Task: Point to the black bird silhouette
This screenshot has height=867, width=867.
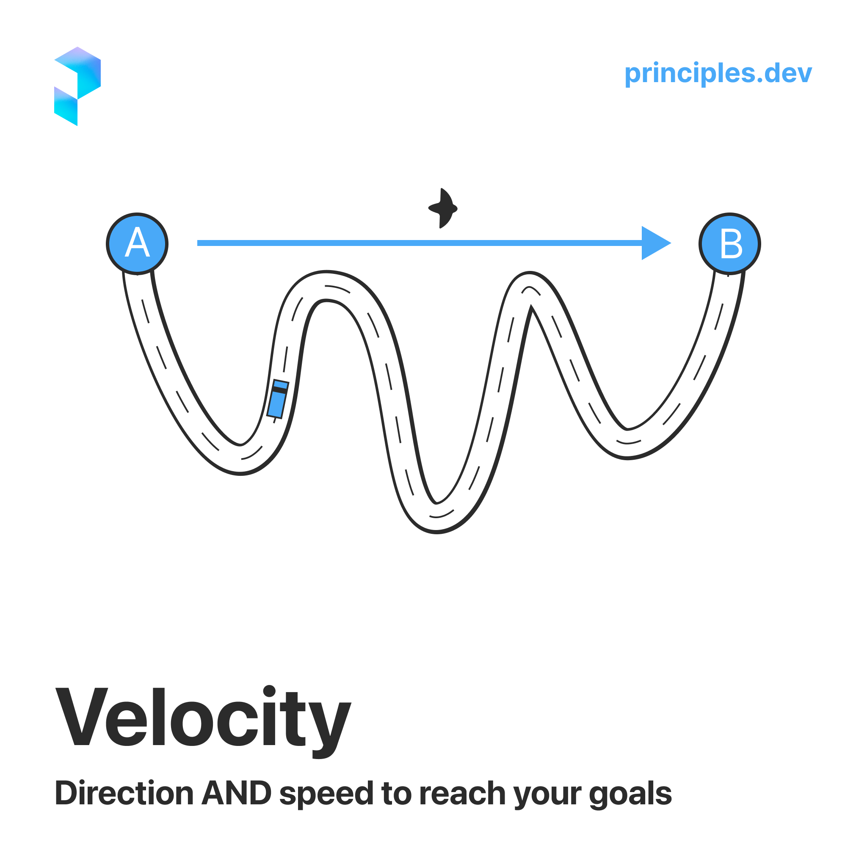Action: click(443, 208)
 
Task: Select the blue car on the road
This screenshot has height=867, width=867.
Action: click(278, 399)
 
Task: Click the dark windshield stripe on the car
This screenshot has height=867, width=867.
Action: click(279, 390)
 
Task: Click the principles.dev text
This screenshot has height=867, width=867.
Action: click(718, 73)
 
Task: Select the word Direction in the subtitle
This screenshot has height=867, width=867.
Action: click(124, 793)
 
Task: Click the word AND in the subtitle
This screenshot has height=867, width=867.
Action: click(237, 793)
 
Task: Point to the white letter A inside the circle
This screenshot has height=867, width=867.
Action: click(137, 242)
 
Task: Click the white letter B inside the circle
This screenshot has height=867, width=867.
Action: click(731, 244)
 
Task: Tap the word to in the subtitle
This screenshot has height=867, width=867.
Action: click(396, 793)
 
